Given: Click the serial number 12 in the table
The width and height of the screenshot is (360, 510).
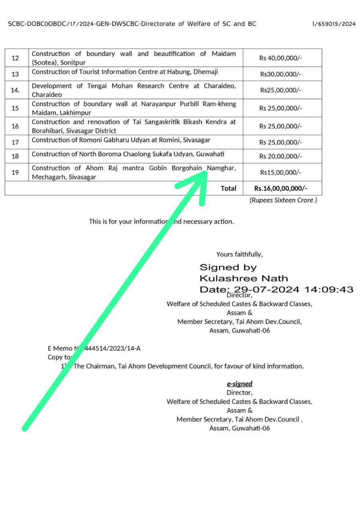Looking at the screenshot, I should [16, 58].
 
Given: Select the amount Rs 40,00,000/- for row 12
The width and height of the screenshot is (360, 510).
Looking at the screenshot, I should [281, 58].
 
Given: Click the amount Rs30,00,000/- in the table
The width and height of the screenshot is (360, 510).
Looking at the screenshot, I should [281, 74].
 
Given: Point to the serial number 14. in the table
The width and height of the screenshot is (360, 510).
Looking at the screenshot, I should [15, 90].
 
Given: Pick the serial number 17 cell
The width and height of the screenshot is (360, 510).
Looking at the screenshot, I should [16, 142].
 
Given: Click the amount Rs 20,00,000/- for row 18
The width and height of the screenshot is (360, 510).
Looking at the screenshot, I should [281, 156].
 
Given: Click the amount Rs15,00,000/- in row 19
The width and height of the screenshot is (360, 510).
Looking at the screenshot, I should [281, 173].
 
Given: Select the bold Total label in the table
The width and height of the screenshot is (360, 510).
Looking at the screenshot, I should [229, 188].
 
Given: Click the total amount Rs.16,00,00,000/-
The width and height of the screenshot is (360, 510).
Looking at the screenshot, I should [281, 188].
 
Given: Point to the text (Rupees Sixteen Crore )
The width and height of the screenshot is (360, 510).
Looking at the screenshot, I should [283, 200].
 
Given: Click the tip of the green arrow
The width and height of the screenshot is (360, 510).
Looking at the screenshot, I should [206, 172].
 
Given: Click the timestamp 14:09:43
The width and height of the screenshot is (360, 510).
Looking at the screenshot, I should [329, 289].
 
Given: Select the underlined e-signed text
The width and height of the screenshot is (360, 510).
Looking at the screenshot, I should [239, 384].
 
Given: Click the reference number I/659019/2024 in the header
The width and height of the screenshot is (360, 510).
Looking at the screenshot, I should [334, 24].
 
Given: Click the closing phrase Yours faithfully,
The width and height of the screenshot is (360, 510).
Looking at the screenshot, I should [239, 254].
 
